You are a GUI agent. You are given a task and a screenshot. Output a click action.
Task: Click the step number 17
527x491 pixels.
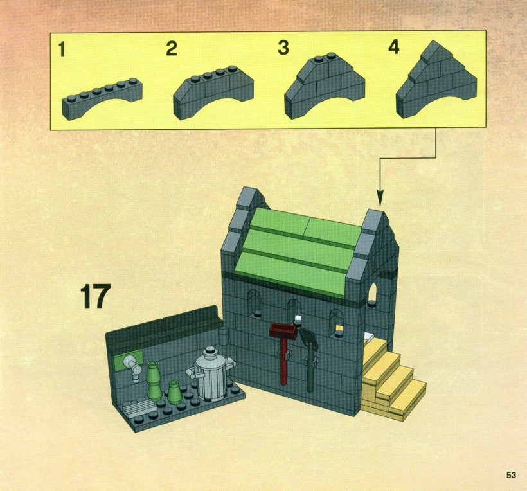point(96,296)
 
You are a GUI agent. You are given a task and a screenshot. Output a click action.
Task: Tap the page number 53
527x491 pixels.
point(511,475)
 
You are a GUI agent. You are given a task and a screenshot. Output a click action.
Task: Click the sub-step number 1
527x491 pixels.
point(62,49)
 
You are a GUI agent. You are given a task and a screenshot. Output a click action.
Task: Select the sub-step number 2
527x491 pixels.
point(172,48)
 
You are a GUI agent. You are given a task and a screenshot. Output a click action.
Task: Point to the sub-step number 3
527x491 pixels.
point(283,48)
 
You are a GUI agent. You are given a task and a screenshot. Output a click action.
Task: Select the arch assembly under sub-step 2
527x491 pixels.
point(213,93)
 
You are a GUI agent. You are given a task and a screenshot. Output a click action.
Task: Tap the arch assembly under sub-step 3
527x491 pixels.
point(325,86)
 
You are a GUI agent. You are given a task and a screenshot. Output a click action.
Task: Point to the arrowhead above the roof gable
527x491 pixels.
point(380,199)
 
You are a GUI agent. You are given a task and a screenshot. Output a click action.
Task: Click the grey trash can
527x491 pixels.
point(210,374)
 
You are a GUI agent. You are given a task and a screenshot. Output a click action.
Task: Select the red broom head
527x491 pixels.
point(283,330)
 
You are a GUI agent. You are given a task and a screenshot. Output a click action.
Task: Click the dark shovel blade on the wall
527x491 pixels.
point(308,338)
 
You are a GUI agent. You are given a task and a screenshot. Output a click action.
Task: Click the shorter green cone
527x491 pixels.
point(174,391)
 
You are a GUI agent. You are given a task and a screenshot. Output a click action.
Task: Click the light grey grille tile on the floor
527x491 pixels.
point(139,407)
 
